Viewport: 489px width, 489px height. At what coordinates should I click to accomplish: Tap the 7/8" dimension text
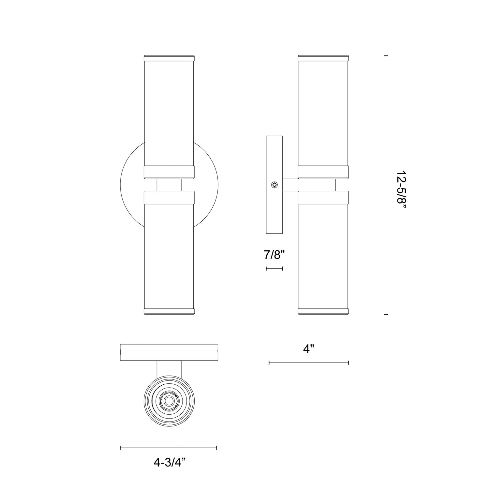click(274, 255)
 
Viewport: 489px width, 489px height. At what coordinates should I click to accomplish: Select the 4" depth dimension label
click(308, 349)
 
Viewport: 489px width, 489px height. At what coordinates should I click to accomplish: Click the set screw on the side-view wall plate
click(274, 185)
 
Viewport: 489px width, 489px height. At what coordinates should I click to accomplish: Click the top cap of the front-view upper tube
click(169, 58)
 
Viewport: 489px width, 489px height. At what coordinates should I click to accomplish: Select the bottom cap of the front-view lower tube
click(169, 311)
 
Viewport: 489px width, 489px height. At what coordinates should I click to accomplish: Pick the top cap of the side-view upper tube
click(323, 58)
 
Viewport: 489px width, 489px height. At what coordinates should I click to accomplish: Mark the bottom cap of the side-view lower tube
click(323, 311)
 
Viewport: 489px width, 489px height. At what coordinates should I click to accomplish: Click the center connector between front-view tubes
click(169, 185)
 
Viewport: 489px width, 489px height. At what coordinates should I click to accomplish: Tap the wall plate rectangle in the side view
click(274, 212)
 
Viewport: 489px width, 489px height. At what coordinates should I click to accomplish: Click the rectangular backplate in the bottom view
click(169, 352)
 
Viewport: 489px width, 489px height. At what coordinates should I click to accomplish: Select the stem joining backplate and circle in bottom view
click(169, 368)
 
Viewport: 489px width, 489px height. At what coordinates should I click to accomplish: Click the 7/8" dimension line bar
click(274, 268)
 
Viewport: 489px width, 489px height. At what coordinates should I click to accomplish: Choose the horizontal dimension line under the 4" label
click(309, 363)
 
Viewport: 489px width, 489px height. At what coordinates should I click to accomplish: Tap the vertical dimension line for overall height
click(386, 185)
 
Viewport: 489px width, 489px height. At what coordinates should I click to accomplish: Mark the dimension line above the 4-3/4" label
click(169, 448)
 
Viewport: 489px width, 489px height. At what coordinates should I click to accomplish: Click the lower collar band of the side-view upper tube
click(323, 172)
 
